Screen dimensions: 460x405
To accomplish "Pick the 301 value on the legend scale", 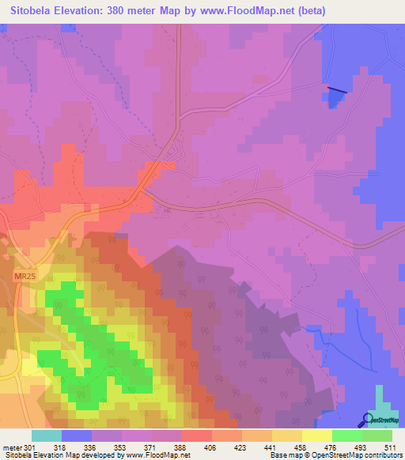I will pyautogui.click(x=30, y=447).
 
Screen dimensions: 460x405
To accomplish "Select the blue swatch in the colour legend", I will pyautogui.click(x=76, y=435).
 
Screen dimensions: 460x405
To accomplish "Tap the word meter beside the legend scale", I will pyautogui.click(x=12, y=447).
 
